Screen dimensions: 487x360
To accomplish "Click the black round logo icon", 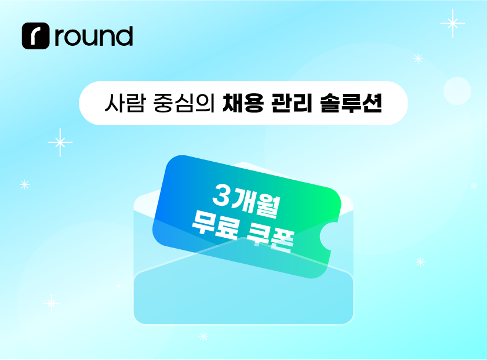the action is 36,36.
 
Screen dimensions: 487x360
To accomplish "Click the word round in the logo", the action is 94,37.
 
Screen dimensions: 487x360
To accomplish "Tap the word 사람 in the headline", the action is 125,103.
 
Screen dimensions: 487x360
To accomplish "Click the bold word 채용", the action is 243,103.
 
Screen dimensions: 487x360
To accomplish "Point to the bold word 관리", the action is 292,103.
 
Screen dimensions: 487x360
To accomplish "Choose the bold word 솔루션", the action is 351,103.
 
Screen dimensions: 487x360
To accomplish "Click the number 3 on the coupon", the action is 221,195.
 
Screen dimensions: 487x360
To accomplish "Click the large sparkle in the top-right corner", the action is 453,23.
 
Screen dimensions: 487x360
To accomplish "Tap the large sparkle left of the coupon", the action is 60,142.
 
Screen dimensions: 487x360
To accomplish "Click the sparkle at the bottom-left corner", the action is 52,303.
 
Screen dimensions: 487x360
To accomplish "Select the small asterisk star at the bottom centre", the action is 203,336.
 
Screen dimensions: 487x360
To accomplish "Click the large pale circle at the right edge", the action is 457,90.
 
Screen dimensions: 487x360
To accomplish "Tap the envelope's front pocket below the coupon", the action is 244,298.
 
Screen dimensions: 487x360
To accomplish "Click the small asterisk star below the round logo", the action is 25,184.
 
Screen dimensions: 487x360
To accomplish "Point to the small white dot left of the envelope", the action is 118,286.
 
